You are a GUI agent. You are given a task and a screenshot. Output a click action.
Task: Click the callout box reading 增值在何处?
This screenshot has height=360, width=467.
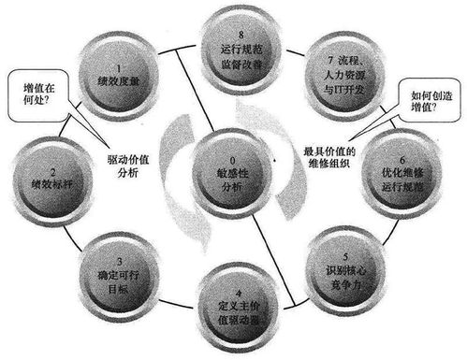coord(34,97)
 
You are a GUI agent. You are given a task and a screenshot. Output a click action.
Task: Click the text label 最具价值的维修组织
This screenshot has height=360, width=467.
coord(333,158)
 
